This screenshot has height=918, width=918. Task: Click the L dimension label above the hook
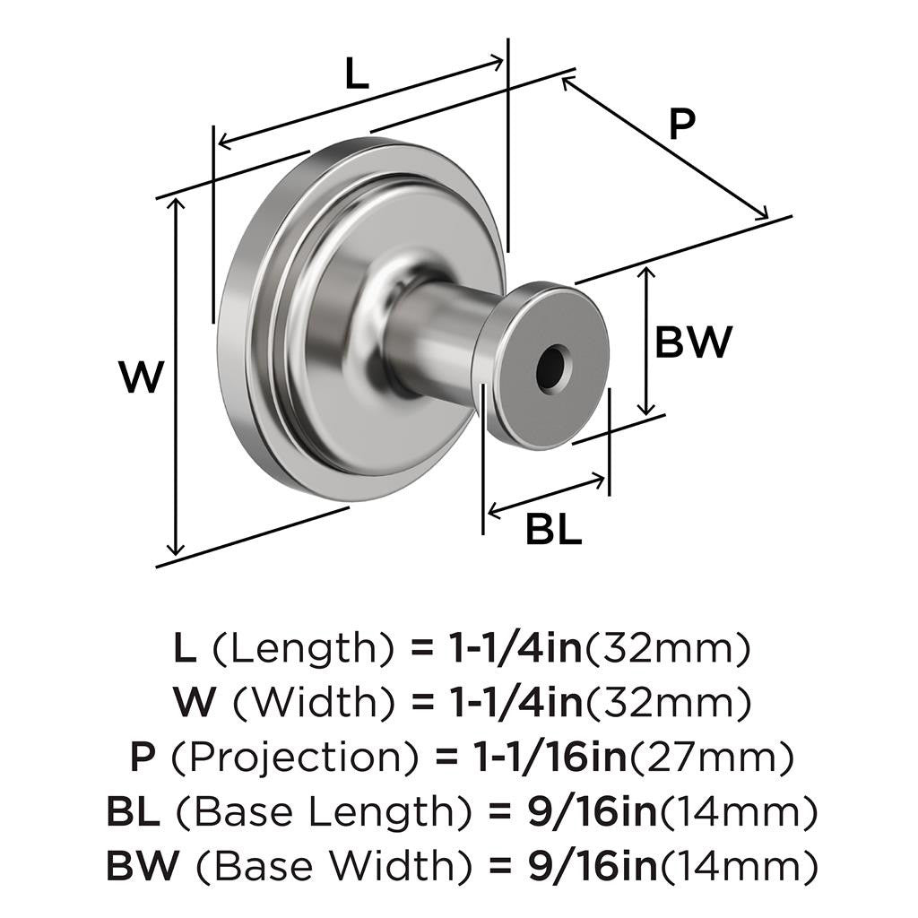click(357, 75)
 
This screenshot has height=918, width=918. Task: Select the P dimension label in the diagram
click(682, 125)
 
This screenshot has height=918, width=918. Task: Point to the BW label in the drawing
click(693, 342)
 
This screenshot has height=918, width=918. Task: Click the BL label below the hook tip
click(553, 530)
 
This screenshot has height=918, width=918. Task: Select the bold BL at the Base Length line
click(133, 813)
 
